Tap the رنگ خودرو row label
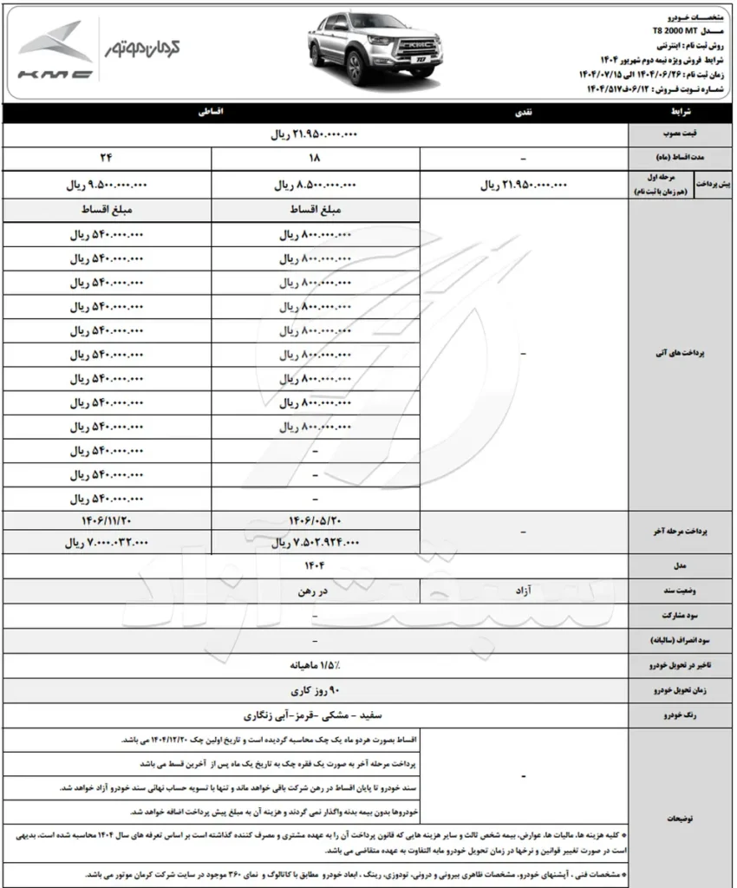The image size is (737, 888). tap(681, 716)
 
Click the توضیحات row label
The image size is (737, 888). tap(681, 818)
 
